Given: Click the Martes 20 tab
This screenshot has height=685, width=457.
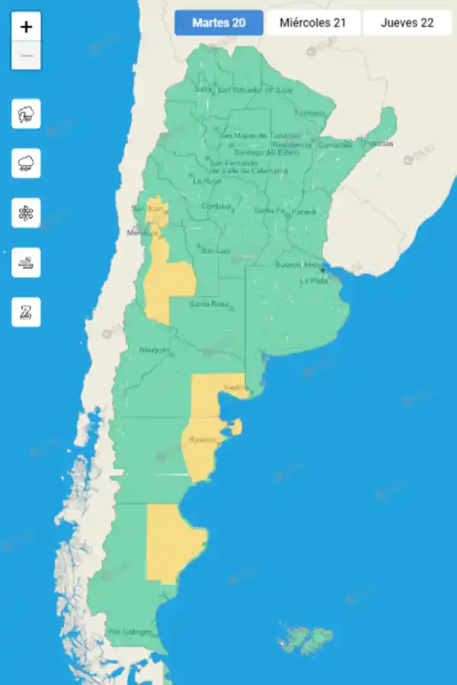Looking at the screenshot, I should click(219, 23).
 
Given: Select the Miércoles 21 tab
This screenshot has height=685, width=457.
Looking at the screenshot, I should click(312, 23).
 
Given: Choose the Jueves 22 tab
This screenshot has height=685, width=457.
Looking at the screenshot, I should click(407, 23).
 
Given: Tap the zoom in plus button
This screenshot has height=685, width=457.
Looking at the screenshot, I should click(27, 27).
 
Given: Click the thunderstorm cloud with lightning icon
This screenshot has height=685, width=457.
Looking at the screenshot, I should click(26, 114).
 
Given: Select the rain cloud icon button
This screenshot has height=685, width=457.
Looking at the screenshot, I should click(26, 163).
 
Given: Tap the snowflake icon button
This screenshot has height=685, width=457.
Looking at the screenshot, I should click(26, 212).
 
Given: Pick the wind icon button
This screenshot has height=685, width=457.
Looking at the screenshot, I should click(26, 262).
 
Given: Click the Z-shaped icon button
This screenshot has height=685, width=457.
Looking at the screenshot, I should click(26, 311).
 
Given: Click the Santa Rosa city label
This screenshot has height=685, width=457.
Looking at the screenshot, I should click(209, 304).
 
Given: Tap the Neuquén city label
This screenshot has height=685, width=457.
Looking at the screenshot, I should click(155, 350).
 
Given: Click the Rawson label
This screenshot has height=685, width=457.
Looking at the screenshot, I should click(203, 440).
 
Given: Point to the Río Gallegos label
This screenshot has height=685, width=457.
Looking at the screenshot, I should click(130, 632).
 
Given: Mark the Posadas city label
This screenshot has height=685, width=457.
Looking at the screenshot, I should click(379, 143).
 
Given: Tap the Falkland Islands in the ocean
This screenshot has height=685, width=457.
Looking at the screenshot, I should click(306, 639).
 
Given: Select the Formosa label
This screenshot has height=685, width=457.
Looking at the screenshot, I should click(309, 113).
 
